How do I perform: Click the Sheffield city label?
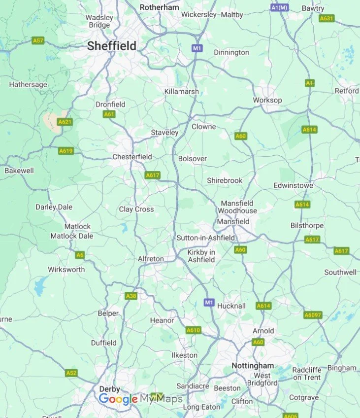click(112, 46)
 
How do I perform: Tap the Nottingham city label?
click(253, 366)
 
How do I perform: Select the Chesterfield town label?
click(132, 157)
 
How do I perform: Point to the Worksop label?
click(267, 100)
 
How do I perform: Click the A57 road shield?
click(38, 40)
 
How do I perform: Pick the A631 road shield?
click(327, 18)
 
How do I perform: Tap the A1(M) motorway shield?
click(279, 8)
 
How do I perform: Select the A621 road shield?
click(64, 121)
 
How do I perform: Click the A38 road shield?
click(131, 296)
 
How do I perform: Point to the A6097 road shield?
click(313, 314)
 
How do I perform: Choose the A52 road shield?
click(71, 373)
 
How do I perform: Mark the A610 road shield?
click(193, 330)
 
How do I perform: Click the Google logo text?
click(118, 399)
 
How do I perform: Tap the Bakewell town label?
click(19, 171)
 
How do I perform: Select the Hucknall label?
click(232, 306)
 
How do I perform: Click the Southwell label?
click(340, 272)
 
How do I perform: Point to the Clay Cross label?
click(136, 209)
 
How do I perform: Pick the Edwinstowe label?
click(294, 185)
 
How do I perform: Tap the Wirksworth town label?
click(66, 270)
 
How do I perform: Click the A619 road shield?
click(66, 151)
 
